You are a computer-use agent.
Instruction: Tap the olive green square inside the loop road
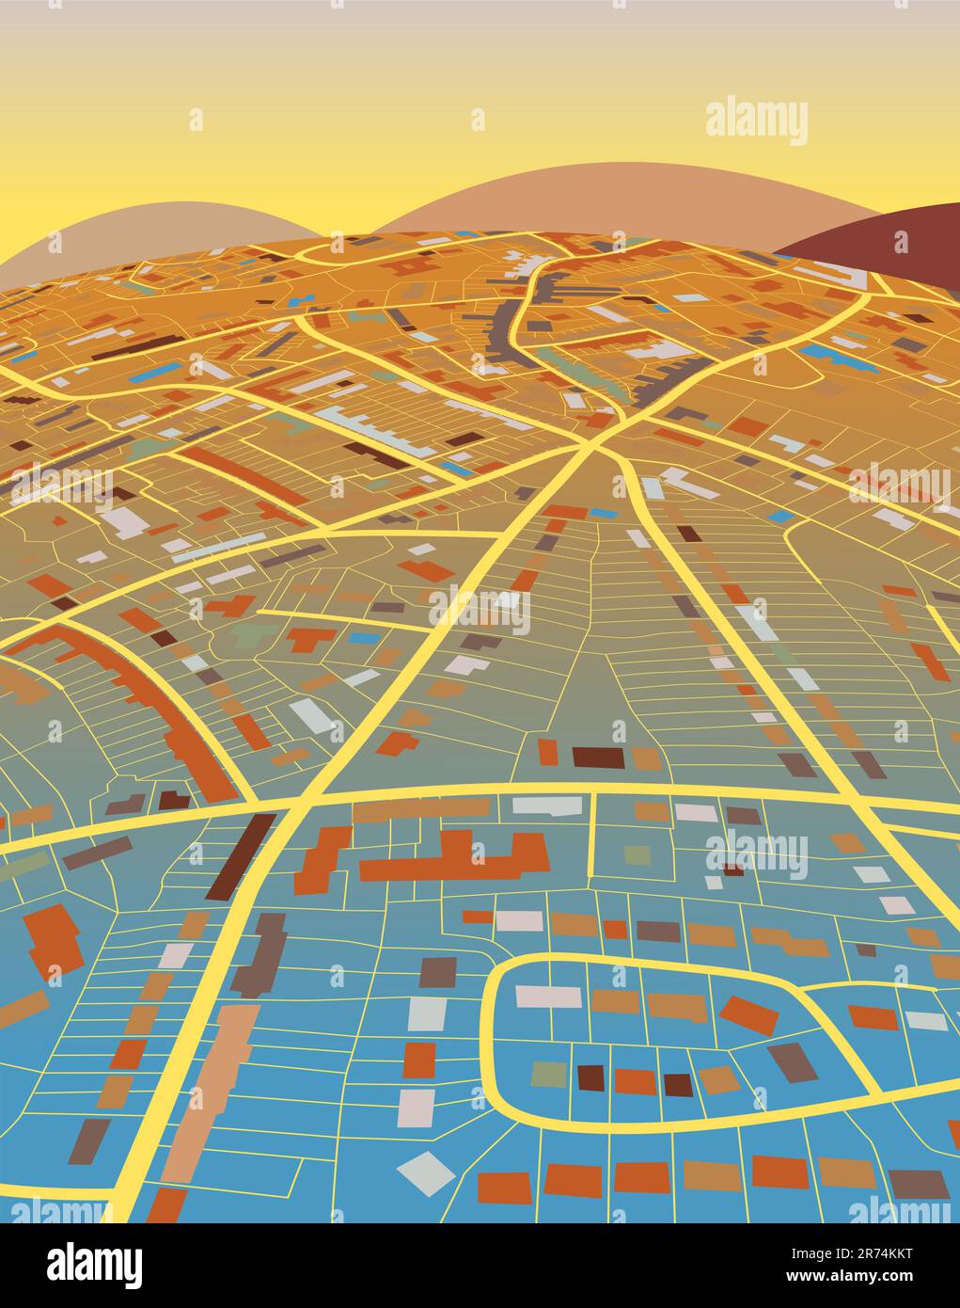pos(548,1074)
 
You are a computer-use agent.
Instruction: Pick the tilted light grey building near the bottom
pos(426,1173)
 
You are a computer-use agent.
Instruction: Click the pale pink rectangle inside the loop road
pos(547,996)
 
